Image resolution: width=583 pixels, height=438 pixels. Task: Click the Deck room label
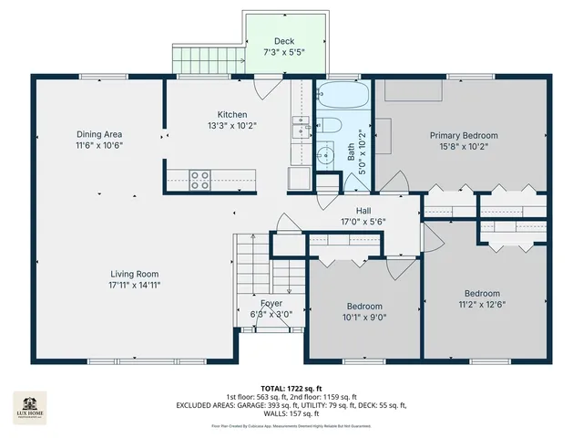tap(284, 41)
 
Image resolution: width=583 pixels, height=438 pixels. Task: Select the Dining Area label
tap(99, 134)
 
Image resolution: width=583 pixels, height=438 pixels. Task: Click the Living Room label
tap(135, 274)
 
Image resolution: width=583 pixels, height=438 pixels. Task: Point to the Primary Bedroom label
tap(464, 135)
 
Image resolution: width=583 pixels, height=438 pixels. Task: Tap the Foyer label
tap(271, 303)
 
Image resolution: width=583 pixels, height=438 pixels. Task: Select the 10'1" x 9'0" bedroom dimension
tap(364, 318)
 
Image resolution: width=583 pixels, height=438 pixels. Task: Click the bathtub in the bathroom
tap(343, 94)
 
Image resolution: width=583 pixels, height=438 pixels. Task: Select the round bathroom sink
tap(325, 155)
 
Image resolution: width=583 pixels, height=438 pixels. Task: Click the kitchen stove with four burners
tap(199, 178)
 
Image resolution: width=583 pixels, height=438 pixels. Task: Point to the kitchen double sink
tap(299, 129)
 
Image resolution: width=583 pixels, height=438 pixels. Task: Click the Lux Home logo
tap(29, 406)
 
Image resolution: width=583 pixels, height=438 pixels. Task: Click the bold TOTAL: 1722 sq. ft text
tap(291, 388)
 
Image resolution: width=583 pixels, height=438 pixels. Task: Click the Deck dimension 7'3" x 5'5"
tap(284, 53)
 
